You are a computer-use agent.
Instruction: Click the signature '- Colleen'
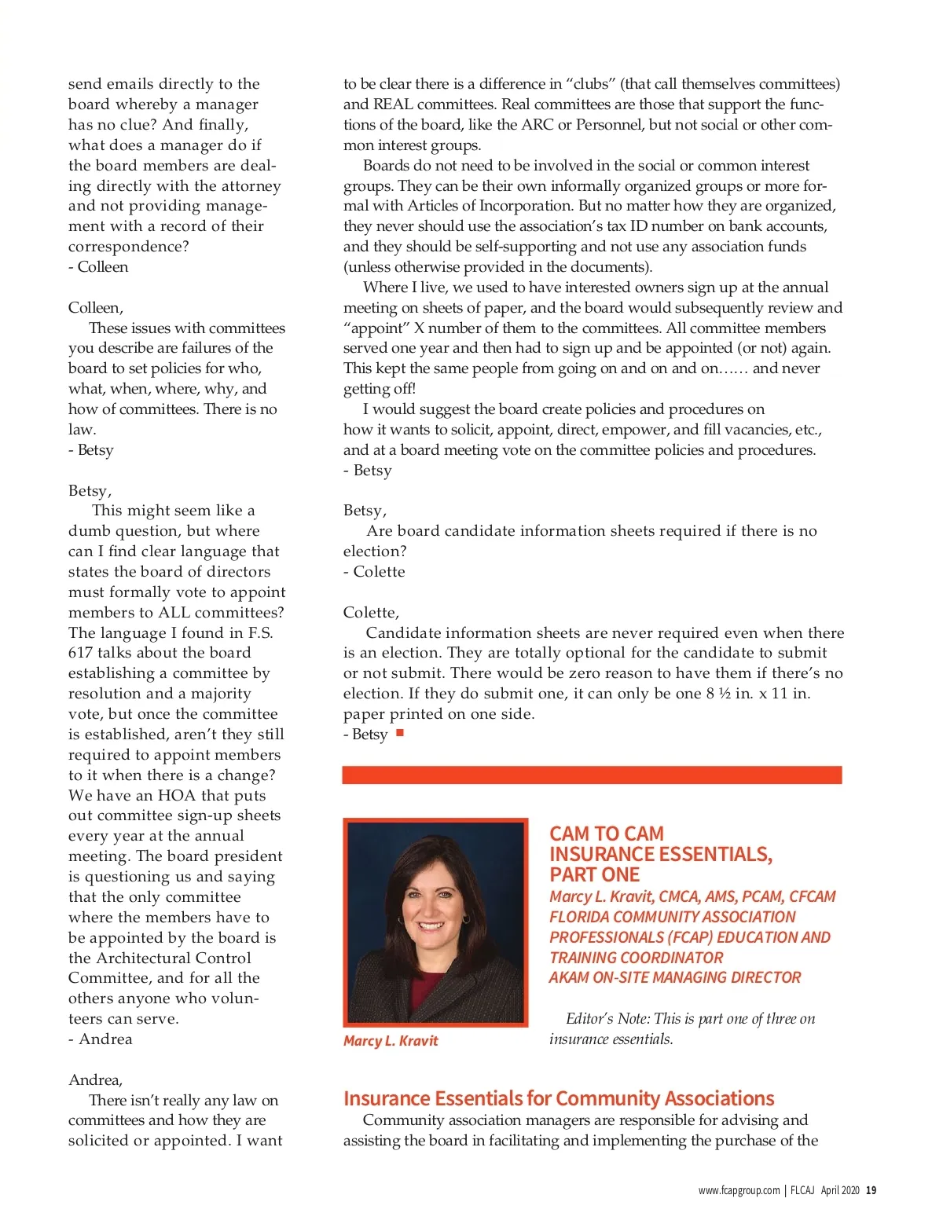click(x=98, y=267)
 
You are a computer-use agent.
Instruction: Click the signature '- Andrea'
click(x=101, y=1039)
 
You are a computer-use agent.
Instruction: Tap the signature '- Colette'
click(x=374, y=572)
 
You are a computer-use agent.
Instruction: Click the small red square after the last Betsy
click(x=400, y=733)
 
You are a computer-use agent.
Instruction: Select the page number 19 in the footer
click(x=871, y=1190)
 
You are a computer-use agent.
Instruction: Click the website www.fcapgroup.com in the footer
click(x=739, y=1190)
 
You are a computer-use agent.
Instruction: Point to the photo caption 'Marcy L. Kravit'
click(x=391, y=1041)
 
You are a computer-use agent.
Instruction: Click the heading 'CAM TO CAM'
click(x=606, y=834)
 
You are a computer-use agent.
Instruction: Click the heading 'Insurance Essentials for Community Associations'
click(x=558, y=1098)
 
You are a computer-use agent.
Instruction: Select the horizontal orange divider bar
click(x=591, y=775)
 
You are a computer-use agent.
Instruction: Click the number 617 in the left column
click(x=81, y=653)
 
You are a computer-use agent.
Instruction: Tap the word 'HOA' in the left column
click(x=177, y=795)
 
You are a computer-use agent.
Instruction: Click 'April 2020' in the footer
click(x=839, y=1190)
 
